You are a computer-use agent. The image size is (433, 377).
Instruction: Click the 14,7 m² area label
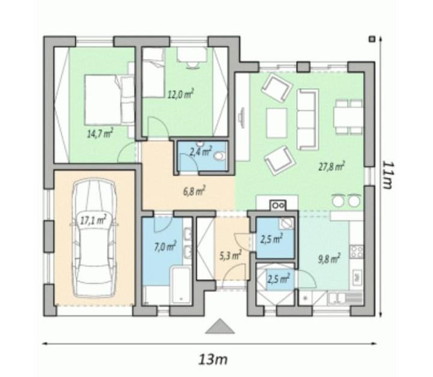pyautogui.click(x=100, y=133)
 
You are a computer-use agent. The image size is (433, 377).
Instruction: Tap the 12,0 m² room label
pyautogui.click(x=181, y=94)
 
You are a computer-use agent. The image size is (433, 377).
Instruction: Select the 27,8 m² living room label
pyautogui.click(x=331, y=167)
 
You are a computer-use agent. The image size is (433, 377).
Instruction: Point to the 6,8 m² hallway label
pyautogui.click(x=194, y=191)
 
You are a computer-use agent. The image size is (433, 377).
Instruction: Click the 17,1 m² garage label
pyautogui.click(x=93, y=220)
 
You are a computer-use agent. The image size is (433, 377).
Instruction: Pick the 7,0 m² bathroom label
pyautogui.click(x=165, y=246)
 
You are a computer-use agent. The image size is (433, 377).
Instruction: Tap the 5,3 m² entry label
pyautogui.click(x=230, y=256)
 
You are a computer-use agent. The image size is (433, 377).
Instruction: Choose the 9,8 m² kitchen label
pyautogui.click(x=328, y=259)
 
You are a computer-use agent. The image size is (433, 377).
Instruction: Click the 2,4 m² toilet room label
pyautogui.click(x=200, y=152)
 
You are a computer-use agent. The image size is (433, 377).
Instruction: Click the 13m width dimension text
pyautogui.click(x=213, y=360)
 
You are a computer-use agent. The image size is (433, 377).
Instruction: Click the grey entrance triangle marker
pyautogui.click(x=220, y=326)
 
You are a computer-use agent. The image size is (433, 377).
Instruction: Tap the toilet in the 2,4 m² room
pyautogui.click(x=219, y=156)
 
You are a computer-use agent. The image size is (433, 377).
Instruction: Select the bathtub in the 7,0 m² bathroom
pyautogui.click(x=180, y=285)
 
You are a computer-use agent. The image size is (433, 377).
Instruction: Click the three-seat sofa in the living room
pyautogui.click(x=307, y=119)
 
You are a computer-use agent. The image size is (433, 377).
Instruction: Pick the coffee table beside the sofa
pyautogui.click(x=277, y=123)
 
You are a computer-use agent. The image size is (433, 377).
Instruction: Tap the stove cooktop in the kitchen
pyautogui.click(x=357, y=251)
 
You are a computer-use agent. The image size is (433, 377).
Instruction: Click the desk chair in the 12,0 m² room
pyautogui.click(x=192, y=64)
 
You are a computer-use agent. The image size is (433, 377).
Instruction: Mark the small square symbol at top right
pyautogui.click(x=372, y=39)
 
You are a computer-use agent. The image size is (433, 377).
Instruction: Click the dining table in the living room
pyautogui.click(x=348, y=117)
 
